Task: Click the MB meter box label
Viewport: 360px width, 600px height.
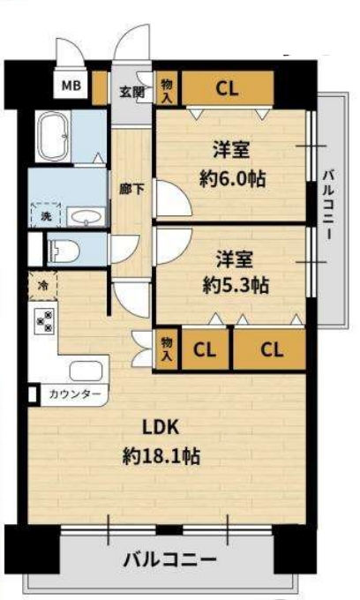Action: click(71, 85)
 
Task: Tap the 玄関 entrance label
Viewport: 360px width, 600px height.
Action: click(132, 92)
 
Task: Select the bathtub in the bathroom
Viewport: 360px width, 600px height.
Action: click(52, 136)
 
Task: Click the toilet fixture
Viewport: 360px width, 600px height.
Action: click(64, 251)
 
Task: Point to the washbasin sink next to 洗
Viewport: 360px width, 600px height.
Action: click(86, 217)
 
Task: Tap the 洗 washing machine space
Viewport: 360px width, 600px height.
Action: click(46, 215)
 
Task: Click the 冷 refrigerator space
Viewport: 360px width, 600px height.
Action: click(43, 285)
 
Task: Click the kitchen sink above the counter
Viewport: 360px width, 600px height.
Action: click(86, 371)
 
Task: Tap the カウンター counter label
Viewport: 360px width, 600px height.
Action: click(75, 394)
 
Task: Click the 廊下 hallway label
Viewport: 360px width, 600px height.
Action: click(131, 189)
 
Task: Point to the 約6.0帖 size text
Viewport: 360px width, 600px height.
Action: click(233, 178)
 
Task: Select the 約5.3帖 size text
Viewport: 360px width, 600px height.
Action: click(236, 285)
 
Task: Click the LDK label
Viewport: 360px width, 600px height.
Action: click(161, 427)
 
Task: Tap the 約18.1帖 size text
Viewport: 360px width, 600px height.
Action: click(161, 456)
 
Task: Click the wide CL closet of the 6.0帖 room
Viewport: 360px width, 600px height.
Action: click(228, 88)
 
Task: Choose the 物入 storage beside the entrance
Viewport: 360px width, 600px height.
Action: click(167, 88)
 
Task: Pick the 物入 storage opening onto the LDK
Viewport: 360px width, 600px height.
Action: click(167, 349)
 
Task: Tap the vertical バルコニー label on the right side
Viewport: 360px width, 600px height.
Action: click(328, 205)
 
